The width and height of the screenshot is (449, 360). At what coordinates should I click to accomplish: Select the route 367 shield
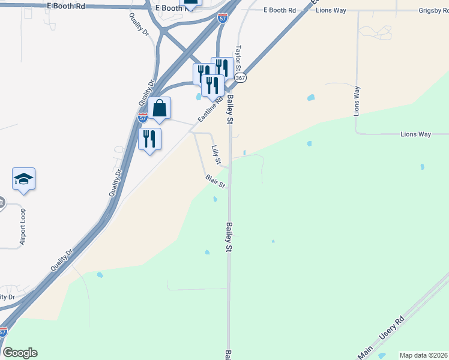pos(241,79)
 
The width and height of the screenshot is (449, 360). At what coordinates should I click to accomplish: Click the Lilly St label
pos(216,155)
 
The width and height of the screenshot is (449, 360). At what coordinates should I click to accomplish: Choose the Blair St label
pos(215,181)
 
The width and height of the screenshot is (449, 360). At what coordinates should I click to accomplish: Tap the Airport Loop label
pos(23,227)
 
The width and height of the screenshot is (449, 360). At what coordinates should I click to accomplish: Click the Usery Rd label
pos(393,331)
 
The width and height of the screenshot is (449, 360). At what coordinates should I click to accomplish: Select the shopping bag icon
pos(160,109)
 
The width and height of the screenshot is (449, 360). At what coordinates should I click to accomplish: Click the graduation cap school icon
pos(23,179)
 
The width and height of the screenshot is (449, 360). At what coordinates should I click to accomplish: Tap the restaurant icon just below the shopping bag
pos(149,139)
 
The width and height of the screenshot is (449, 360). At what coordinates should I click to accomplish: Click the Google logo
pos(20,352)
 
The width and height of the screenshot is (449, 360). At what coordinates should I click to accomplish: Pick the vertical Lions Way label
pos(357,101)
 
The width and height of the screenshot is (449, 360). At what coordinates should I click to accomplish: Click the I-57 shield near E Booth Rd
pos(222,19)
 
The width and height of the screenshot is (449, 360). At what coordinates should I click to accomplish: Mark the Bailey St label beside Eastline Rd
pos(229,108)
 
